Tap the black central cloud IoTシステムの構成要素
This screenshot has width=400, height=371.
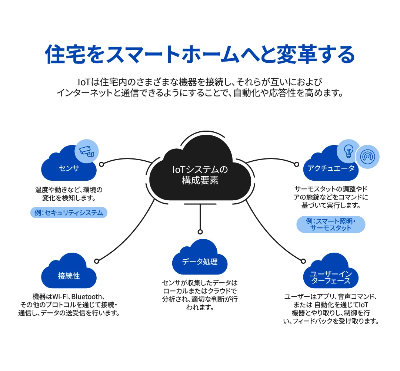pos(200,174)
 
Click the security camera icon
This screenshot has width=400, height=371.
pos(87,150)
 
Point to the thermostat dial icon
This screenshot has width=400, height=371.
pos(367,157)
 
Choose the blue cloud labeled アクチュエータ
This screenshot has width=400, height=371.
pos(331,168)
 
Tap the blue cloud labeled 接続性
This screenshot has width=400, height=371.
pos(69,276)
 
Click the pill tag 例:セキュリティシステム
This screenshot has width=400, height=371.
pos(69,213)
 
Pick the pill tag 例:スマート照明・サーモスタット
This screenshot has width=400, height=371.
pos(331,224)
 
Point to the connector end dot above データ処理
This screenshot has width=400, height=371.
pos(200,232)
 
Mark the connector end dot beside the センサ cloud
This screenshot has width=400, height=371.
pos(101,164)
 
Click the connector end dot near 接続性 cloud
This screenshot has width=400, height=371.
pos(97,261)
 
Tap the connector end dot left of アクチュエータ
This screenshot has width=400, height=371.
pos(296,164)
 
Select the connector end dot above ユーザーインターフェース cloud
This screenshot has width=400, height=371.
pos(303,261)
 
